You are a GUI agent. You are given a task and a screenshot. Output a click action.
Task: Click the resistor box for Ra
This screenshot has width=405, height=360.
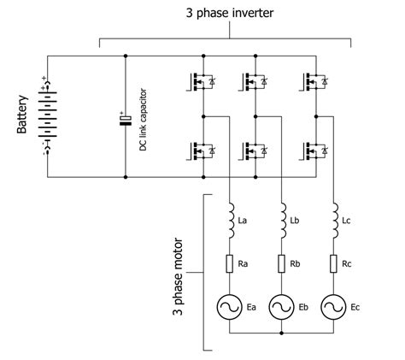pyautogui.click(x=230, y=264)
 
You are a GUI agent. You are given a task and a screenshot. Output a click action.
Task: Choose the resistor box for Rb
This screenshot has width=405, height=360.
pyautogui.click(x=281, y=264)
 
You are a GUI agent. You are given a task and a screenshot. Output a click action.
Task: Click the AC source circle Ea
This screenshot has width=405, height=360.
pyautogui.click(x=230, y=307)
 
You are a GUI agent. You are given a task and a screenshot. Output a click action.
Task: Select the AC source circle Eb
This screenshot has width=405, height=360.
pyautogui.click(x=281, y=307)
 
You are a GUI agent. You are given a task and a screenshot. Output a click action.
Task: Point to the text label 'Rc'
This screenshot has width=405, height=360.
pyautogui.click(x=347, y=263)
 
